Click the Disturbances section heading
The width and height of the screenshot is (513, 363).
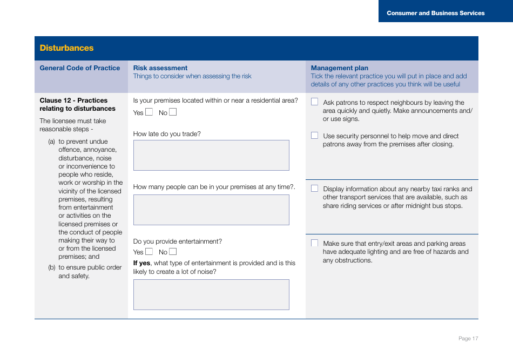coord(66,48)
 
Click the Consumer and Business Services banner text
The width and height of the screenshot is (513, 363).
coord(435,13)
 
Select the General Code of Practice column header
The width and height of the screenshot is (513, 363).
coord(80,68)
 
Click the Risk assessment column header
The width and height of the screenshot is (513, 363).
coord(160,68)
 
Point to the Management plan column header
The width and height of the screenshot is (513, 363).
coord(339,68)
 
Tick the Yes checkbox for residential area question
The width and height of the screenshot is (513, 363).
coord(149,112)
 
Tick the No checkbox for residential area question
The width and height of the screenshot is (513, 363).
coord(173,112)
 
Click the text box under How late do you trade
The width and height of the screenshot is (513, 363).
coord(211,156)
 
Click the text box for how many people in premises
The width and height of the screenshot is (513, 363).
coord(211,210)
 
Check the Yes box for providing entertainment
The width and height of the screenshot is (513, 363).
coord(149,252)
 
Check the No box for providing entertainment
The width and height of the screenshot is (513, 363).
coord(173,252)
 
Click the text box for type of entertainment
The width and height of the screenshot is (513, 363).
coord(211,294)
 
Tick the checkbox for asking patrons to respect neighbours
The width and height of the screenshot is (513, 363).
coord(314,102)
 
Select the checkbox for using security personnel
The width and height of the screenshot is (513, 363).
coord(314,136)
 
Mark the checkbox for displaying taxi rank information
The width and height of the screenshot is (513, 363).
coord(314,189)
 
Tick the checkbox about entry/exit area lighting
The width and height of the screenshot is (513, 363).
coord(314,243)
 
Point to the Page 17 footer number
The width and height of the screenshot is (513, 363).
coord(468,339)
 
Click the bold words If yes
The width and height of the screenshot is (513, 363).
coord(141,263)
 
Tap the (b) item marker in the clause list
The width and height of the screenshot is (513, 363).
coord(52,267)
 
